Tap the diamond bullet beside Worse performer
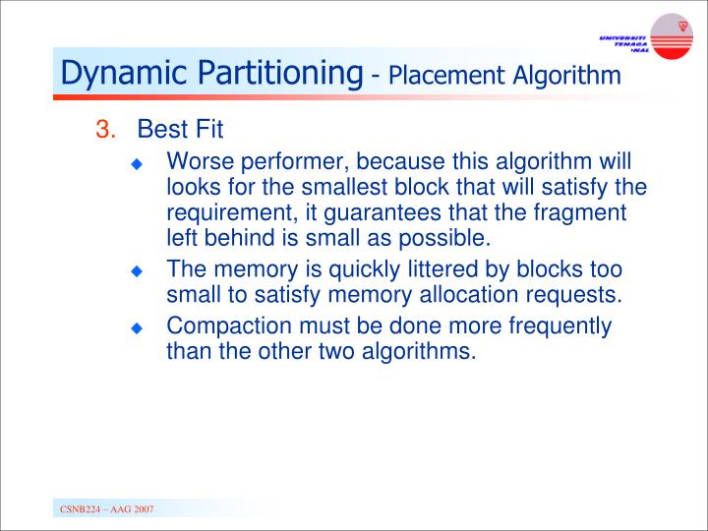click(139, 163)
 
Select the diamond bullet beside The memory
click(139, 271)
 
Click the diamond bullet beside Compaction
click(139, 327)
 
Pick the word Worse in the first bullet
click(197, 161)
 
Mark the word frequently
click(558, 325)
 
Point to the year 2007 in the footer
click(140, 508)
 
